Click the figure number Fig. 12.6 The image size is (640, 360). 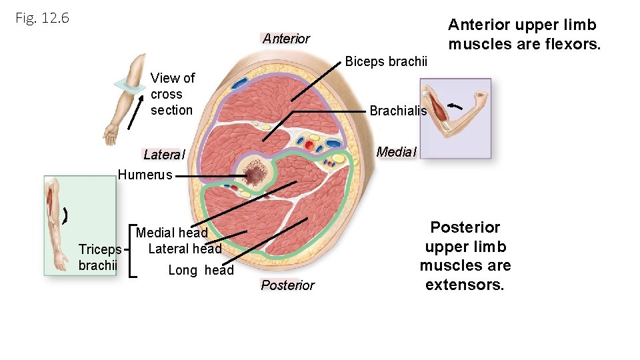point(42,18)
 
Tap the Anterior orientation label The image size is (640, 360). point(286,38)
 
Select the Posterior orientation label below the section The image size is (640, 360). point(287,285)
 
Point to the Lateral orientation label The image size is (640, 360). point(163,155)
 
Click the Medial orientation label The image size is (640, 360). point(396,152)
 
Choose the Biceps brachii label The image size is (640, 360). point(386,61)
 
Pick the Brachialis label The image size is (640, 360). point(398,111)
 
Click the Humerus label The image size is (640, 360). point(145,175)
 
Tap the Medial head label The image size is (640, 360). point(172,233)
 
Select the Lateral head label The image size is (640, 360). point(185,249)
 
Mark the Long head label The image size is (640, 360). point(201,270)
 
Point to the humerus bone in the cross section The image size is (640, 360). point(255,175)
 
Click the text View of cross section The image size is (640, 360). point(172,94)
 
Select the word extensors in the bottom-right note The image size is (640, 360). point(465,285)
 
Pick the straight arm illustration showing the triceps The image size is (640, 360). point(79,225)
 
